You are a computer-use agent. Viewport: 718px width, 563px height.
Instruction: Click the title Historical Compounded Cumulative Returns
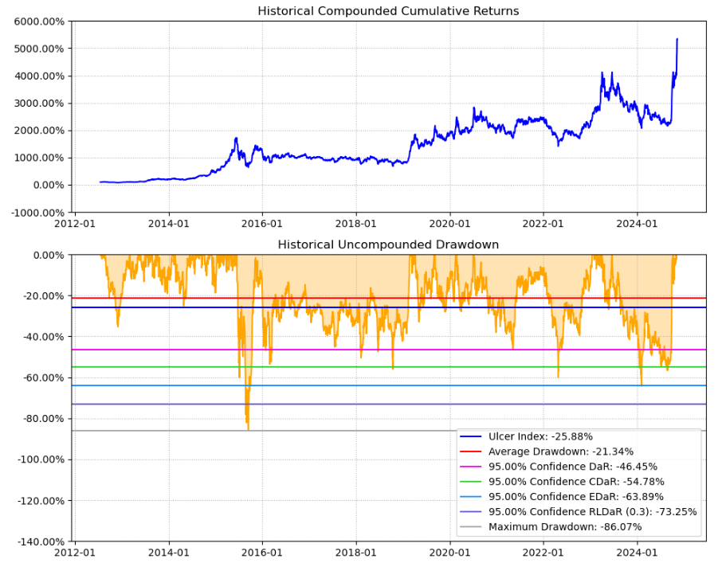coord(388,11)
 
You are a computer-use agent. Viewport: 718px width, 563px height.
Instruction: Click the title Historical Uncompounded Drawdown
coord(388,244)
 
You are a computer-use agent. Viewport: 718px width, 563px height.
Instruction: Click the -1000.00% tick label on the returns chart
coord(36,213)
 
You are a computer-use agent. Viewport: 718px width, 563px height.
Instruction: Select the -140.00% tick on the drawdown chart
coord(37,541)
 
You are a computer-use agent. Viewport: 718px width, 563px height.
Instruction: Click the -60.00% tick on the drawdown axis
coord(41,377)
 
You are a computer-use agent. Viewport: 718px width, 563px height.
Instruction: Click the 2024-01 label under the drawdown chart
coord(638,551)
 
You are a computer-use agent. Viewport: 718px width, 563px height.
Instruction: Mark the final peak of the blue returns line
coord(677,38)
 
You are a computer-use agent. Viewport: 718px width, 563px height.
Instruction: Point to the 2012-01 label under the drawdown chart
coord(75,551)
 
